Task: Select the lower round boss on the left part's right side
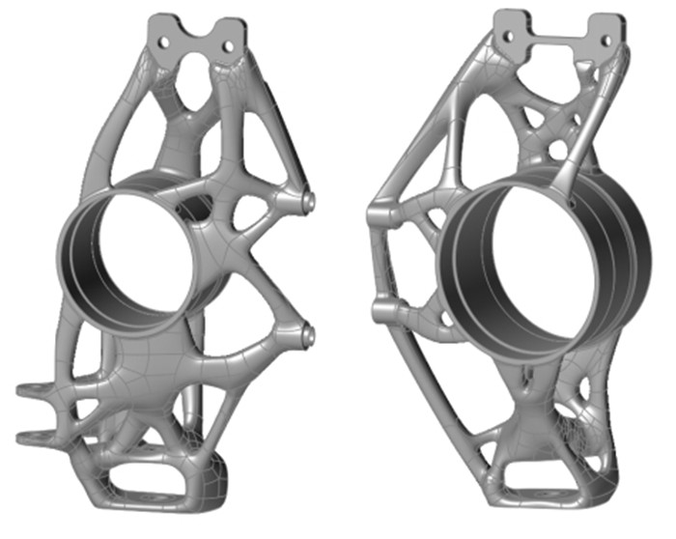(x=310, y=335)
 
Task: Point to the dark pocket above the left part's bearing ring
(x=200, y=205)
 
